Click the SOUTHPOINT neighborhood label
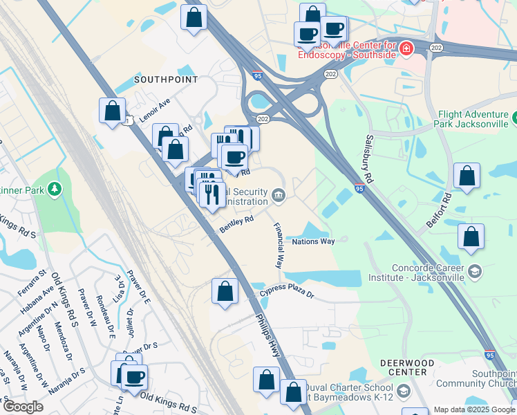pyautogui.click(x=165, y=80)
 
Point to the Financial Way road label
pyautogui.click(x=279, y=245)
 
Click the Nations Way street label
pyautogui.click(x=313, y=241)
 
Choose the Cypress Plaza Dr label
pyautogui.click(x=287, y=294)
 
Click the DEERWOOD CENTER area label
pyautogui.click(x=407, y=367)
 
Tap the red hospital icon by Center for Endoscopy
pyautogui.click(x=406, y=48)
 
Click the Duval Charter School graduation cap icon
pyautogui.click(x=403, y=391)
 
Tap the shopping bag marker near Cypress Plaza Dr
pyautogui.click(x=225, y=291)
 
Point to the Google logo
pyautogui.click(x=23, y=407)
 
